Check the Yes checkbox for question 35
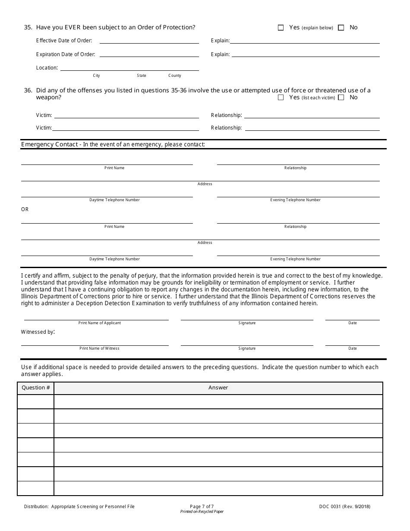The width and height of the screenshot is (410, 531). pos(281,28)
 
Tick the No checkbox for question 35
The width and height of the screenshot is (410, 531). pos(341,28)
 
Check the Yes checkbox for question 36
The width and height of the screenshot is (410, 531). pos(281,98)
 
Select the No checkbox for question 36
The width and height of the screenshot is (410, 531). pos(341,98)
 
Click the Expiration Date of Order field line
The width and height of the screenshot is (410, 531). pos(149,55)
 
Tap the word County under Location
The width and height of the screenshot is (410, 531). pos(175,76)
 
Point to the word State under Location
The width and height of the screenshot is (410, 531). pos(142,76)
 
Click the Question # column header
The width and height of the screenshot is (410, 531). pos(36,388)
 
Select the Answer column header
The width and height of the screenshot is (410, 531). pos(218,388)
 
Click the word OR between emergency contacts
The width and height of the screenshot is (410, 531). pos(25,209)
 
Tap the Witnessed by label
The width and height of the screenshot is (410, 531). pos(38,332)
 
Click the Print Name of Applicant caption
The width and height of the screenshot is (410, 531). pos(99,323)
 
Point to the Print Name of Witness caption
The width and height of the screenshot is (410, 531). pos(99,348)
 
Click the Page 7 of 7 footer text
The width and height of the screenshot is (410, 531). pos(202,506)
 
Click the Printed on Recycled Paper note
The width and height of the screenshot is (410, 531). pos(202,512)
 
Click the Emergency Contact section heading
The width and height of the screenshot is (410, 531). pos(113,144)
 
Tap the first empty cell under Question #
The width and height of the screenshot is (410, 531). pos(36,401)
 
